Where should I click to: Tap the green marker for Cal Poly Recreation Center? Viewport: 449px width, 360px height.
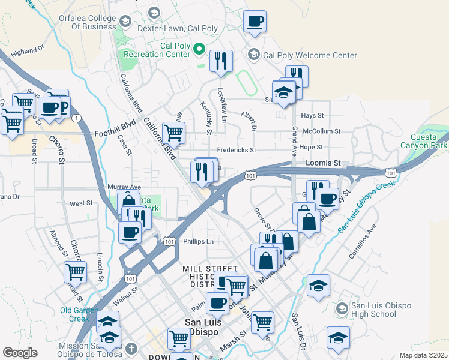click(201, 50)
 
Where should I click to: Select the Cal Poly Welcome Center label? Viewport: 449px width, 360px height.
click(310, 55)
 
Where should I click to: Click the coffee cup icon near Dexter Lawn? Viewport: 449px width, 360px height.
click(255, 22)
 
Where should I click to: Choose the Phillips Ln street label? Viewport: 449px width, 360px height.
click(199, 241)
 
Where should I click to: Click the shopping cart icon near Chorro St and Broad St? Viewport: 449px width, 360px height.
click(75, 271)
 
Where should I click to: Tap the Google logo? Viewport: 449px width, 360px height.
click(20, 352)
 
